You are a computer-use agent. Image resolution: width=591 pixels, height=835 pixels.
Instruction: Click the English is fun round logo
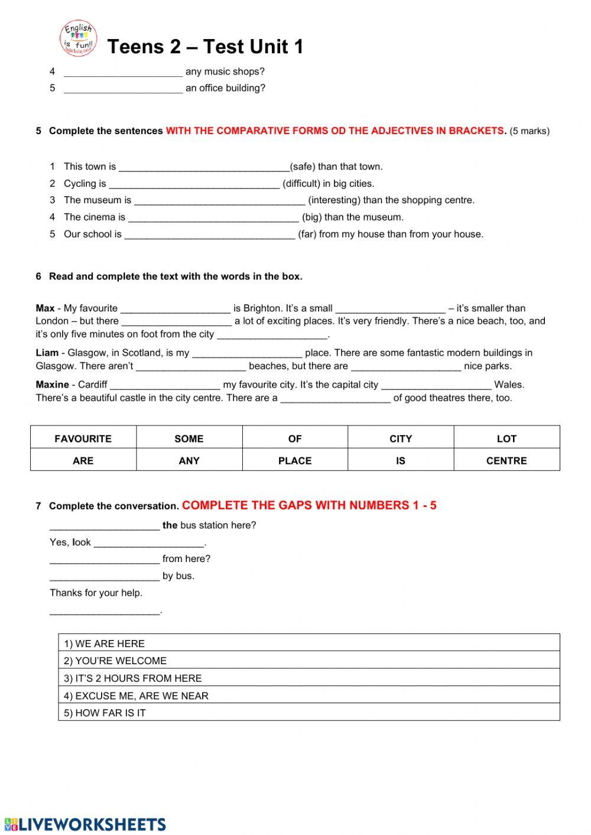[78, 38]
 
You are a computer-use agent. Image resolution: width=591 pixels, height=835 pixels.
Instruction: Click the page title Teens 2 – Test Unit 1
[205, 47]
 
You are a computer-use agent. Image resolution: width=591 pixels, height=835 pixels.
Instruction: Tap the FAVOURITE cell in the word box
[83, 438]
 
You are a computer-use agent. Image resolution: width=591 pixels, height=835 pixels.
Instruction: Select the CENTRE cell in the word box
[506, 460]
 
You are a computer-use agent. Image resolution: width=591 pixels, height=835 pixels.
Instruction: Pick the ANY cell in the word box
[189, 460]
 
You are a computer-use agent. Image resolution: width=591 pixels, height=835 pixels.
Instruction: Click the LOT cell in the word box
[506, 438]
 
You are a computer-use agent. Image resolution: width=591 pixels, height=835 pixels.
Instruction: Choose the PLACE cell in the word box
[295, 460]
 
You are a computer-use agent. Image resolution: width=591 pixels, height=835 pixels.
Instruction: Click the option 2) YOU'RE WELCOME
[115, 661]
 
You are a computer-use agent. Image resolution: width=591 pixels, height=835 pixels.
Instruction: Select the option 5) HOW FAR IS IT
[105, 713]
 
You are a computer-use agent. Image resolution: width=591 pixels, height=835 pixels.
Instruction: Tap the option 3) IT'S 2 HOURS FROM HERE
[133, 678]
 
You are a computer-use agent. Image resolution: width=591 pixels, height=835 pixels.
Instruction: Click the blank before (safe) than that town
[204, 167]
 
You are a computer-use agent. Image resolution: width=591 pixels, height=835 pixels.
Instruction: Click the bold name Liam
[47, 353]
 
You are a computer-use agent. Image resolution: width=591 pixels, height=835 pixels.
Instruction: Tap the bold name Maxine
[52, 385]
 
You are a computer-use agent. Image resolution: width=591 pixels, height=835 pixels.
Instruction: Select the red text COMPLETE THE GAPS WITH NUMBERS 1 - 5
[309, 505]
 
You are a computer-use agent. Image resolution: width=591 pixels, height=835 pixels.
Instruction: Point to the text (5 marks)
[530, 131]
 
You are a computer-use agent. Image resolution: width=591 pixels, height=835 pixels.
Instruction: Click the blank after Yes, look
[149, 543]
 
